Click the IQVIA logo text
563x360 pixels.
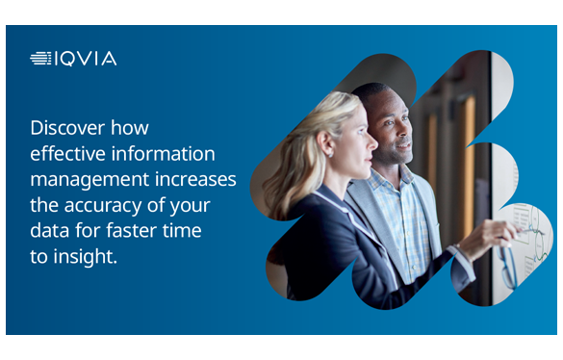[87, 59]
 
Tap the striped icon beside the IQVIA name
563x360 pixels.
[41, 59]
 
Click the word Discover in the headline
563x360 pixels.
[67, 128]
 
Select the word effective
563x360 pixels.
[68, 153]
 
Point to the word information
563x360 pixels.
[164, 153]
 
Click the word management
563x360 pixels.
[90, 180]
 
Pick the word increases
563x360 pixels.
[195, 179]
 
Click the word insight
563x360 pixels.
[85, 257]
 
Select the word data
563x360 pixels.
[50, 230]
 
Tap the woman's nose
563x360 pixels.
[372, 142]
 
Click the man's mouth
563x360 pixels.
[404, 145]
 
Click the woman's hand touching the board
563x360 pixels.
[488, 238]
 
